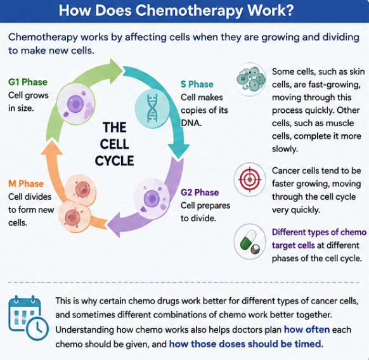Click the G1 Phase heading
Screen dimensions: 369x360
(28, 82)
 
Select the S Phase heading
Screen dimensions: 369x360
(197, 84)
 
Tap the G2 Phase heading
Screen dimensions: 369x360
(200, 193)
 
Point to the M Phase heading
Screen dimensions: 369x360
(26, 184)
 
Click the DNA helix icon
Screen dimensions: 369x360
(152, 108)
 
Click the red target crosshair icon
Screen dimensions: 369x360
(250, 179)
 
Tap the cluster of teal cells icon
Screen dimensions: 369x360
(251, 79)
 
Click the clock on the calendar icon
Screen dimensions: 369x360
(37, 328)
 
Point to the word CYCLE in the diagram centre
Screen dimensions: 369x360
(114, 161)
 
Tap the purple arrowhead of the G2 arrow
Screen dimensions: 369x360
(113, 224)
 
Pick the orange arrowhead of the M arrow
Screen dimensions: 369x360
(52, 148)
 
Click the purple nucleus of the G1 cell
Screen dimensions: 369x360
(75, 103)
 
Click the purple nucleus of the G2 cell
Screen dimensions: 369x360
(152, 199)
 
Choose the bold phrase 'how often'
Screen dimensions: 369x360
(307, 330)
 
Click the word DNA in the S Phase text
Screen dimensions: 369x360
(191, 123)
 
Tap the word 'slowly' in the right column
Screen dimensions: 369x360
(285, 149)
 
